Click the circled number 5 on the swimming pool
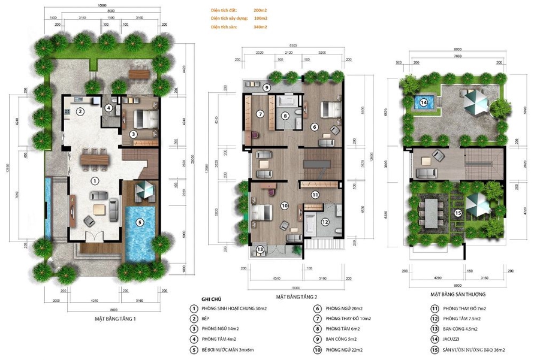click(x=140, y=222)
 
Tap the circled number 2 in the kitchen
click(x=79, y=111)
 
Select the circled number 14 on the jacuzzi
click(x=424, y=102)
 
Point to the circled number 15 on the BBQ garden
click(x=457, y=213)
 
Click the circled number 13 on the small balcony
click(x=260, y=249)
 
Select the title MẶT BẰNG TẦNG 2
click(x=296, y=297)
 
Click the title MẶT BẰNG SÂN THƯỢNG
click(x=457, y=295)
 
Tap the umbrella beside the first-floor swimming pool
click(x=145, y=190)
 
